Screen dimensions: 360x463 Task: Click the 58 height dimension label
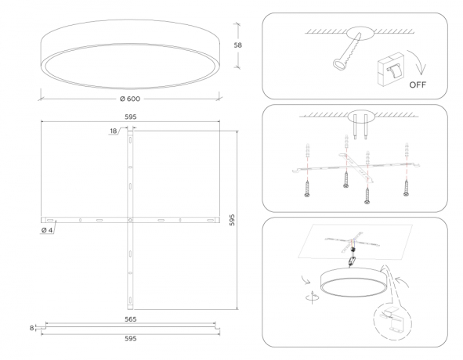pos(237,45)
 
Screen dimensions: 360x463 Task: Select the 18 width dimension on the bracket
pos(114,131)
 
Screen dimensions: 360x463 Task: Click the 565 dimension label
pos(130,319)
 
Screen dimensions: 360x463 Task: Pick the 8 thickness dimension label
pos(32,329)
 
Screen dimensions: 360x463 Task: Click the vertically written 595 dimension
pos(232,221)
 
